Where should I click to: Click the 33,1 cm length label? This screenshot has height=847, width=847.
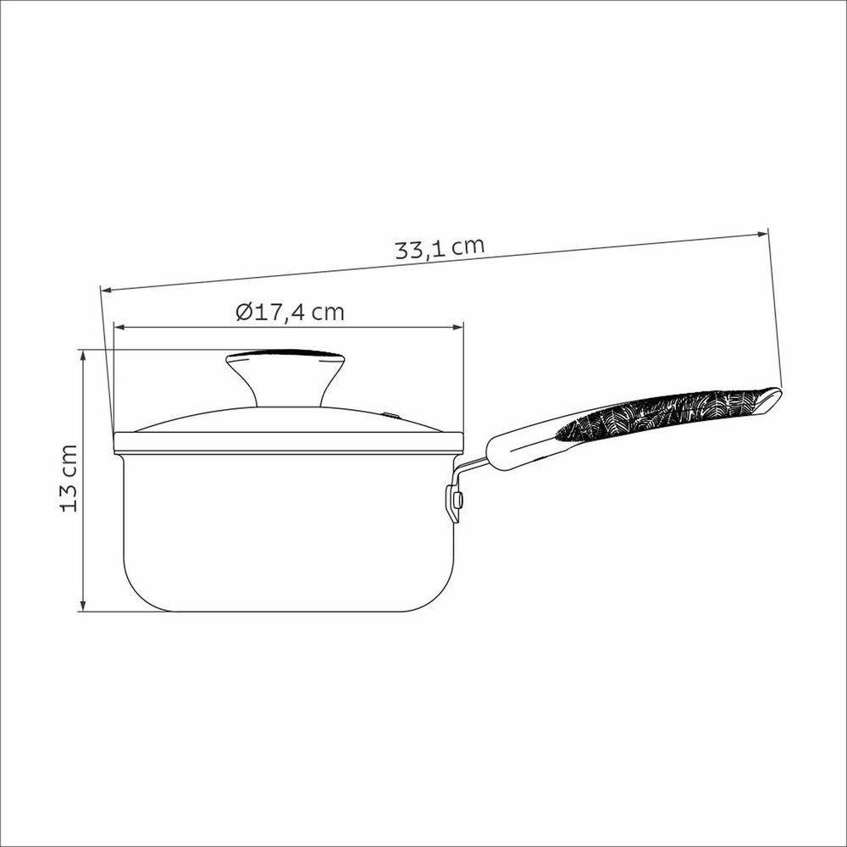[440, 248]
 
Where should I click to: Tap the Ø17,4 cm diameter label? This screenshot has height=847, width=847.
[290, 312]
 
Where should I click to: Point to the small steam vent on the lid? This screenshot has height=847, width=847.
[391, 415]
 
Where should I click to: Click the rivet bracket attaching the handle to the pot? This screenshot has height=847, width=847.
[455, 502]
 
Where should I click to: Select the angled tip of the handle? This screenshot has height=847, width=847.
[771, 400]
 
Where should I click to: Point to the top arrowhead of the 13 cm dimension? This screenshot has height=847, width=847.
[83, 354]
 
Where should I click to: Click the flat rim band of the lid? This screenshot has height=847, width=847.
[288, 439]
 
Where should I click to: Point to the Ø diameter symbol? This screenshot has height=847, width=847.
[243, 312]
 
